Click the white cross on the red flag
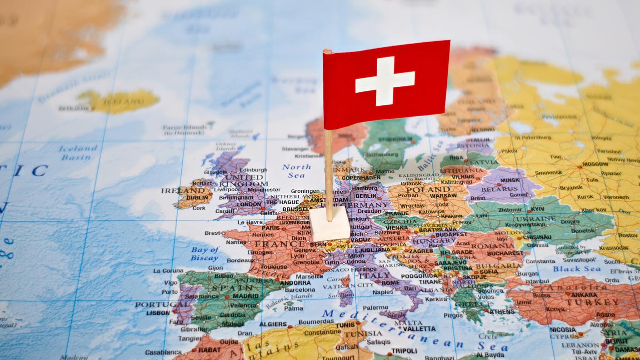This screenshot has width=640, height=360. point(385,81)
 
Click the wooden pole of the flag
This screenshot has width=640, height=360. point(329,173)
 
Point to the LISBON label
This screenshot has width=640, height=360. point(158,313)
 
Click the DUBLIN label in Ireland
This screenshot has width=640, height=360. point(197,198)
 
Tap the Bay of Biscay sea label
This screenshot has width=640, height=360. point(205,254)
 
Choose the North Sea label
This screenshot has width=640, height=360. point(296,171)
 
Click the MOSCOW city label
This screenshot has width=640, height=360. point(595,164)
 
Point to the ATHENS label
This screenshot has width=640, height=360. point(502,311)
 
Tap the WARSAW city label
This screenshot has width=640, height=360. point(443,196)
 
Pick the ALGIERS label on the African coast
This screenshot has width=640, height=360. point(273,324)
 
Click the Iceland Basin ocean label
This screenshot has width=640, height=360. point(78,153)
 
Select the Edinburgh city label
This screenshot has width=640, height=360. point(254,170)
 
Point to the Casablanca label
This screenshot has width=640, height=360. point(163,352)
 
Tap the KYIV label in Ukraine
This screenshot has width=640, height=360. point(537,209)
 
